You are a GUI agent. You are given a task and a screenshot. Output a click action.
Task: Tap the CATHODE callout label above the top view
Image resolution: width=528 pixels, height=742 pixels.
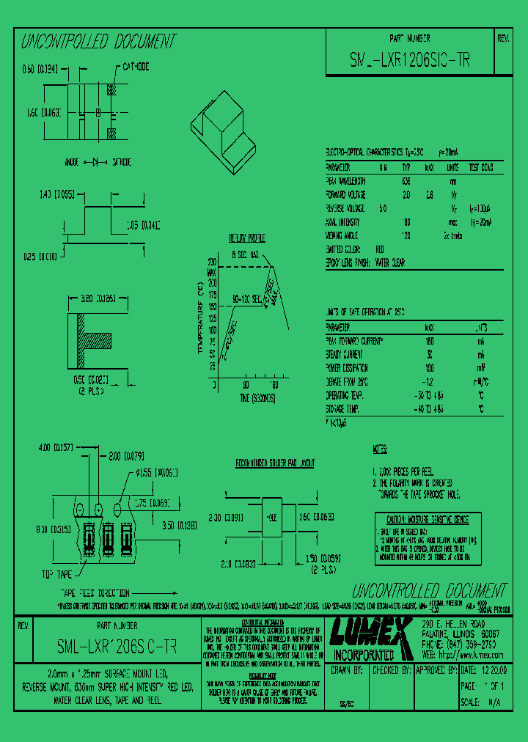tap(136, 66)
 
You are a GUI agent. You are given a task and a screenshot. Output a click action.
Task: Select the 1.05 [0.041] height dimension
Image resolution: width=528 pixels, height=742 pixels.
tap(143, 225)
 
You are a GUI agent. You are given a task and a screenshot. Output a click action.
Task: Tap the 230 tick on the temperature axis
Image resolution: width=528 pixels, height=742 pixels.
tap(212, 262)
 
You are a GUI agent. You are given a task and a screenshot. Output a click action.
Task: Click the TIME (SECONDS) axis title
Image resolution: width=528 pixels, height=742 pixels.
tap(246, 397)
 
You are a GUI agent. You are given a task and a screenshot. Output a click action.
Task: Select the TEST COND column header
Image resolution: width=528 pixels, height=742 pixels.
tap(481, 167)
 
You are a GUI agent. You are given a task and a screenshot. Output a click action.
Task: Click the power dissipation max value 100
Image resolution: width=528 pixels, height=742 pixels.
tap(430, 367)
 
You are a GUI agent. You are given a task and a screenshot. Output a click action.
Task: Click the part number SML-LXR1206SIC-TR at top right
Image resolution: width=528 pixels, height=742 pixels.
tap(409, 62)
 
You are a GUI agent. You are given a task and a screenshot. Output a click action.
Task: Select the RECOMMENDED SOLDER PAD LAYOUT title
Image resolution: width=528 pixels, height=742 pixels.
tap(275, 463)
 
